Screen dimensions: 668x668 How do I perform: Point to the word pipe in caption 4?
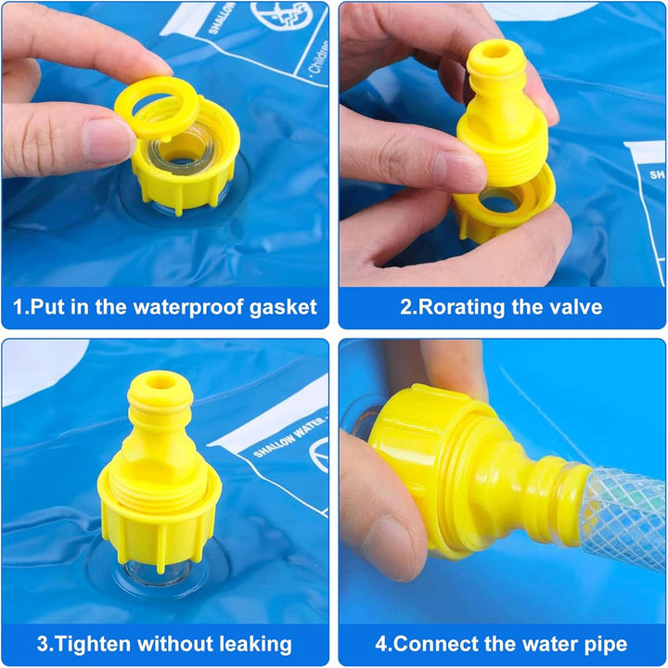(x=606, y=643)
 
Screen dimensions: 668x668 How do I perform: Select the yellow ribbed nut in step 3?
(x=160, y=520)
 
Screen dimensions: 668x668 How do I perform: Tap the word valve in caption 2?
(x=576, y=307)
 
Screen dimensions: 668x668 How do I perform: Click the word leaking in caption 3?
(x=251, y=643)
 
